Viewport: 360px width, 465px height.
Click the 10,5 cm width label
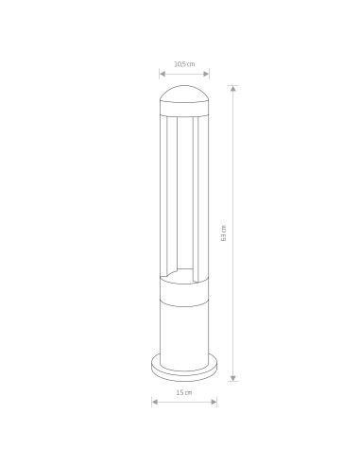point(183,64)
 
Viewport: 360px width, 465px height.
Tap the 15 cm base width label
point(183,390)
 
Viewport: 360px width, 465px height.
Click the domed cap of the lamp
point(183,95)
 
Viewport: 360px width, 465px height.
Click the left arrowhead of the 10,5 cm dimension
point(160,73)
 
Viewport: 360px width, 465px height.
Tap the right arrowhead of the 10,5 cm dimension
point(208,73)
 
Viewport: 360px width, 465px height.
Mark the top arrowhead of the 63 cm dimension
point(233,88)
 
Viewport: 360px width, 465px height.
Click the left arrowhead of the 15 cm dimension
point(153,400)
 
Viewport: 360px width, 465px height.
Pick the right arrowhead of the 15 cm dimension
point(214,400)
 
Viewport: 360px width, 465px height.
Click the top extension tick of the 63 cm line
point(233,84)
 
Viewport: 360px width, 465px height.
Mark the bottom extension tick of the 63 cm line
point(233,381)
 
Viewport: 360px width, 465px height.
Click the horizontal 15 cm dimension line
point(183,400)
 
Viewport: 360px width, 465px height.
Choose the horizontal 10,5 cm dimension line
point(183,73)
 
